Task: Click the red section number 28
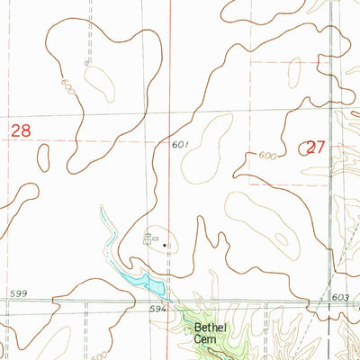pyautogui.click(x=21, y=131)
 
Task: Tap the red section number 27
pyautogui.click(x=315, y=148)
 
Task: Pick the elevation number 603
pyautogui.click(x=338, y=296)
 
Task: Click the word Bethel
pyautogui.click(x=209, y=328)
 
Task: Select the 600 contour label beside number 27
pyautogui.click(x=266, y=155)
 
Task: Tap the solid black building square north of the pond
pyautogui.click(x=165, y=244)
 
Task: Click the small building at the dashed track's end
pyautogui.click(x=86, y=63)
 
